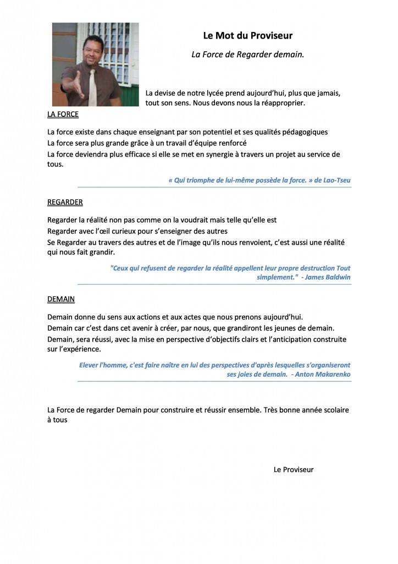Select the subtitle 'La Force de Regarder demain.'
point(247,55)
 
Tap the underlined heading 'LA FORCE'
point(63,115)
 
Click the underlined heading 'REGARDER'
point(65,202)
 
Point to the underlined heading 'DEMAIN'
point(61,299)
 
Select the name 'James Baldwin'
point(328,277)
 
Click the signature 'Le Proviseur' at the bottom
point(294,469)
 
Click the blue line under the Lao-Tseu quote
point(214,187)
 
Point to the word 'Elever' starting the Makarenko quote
point(91,365)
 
